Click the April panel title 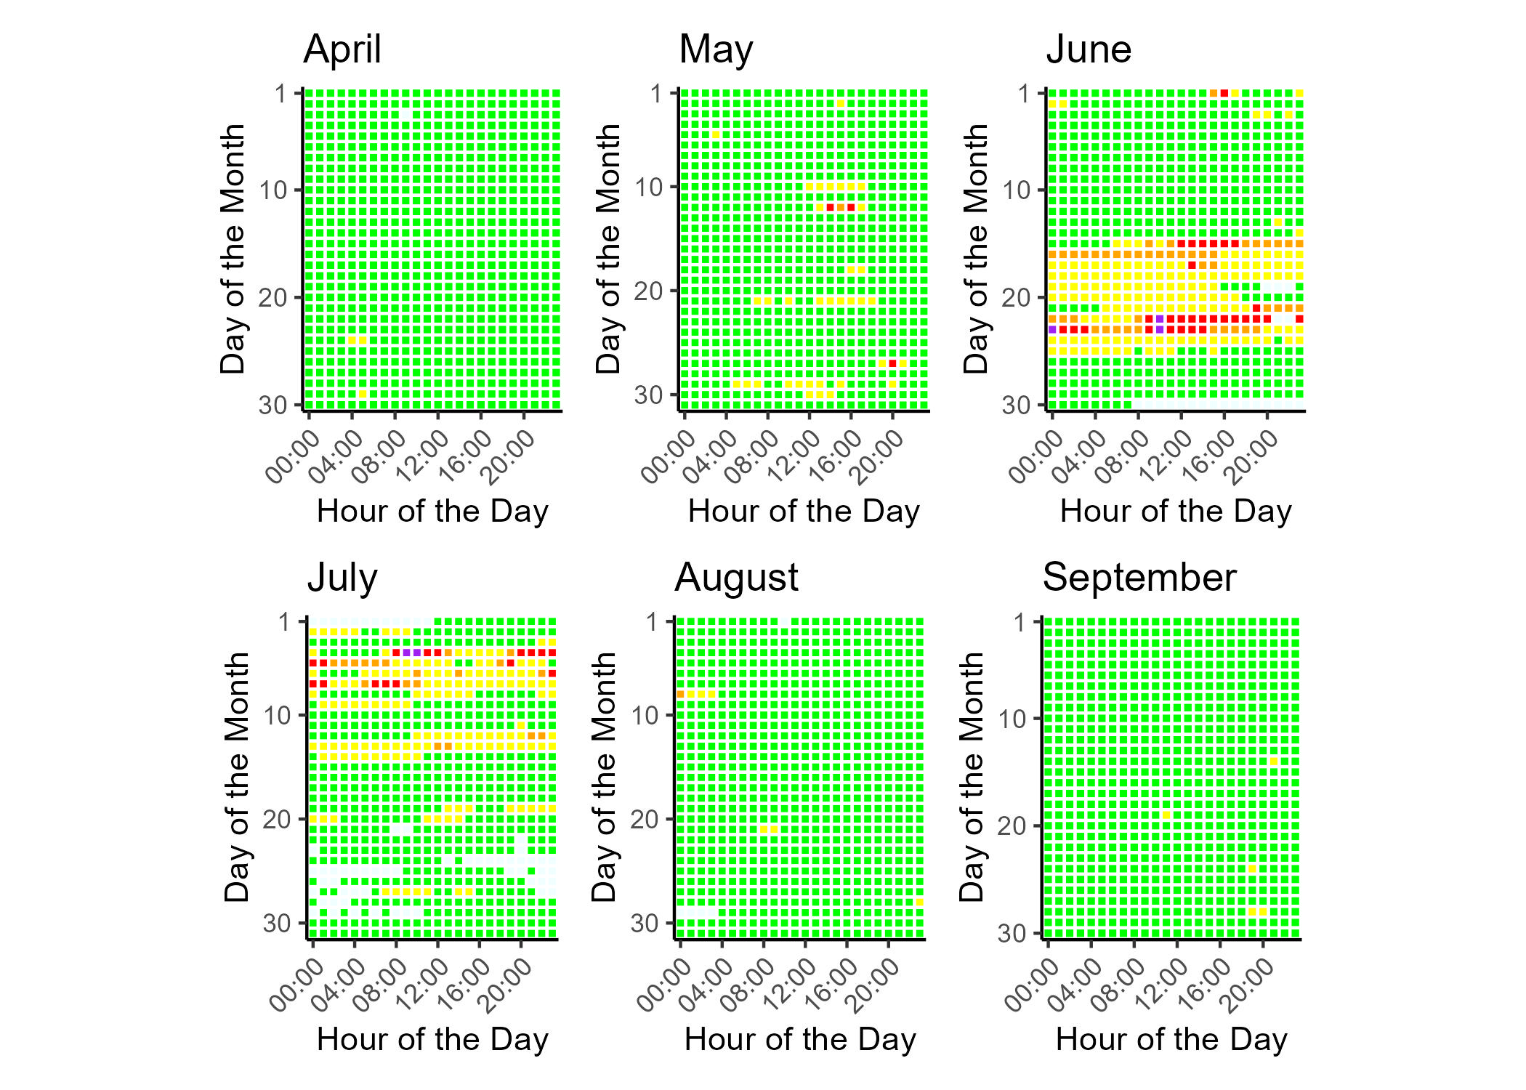342,49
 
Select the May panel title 716,49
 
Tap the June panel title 1089,49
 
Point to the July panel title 342,578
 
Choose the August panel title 736,578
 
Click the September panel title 1139,578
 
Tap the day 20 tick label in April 273,298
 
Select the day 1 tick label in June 1024,94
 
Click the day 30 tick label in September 1012,933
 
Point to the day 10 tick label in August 645,716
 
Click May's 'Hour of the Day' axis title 804,511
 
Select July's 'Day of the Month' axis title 237,777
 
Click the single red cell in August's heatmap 680,695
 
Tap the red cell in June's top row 1224,93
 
